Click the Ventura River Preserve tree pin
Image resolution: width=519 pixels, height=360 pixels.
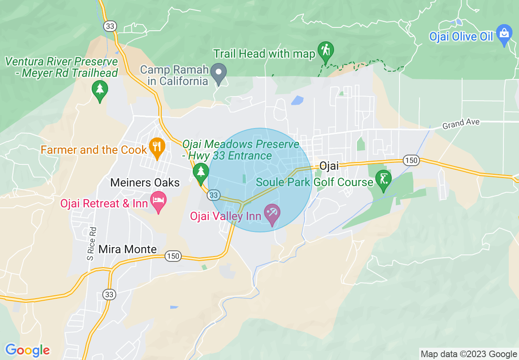(99, 90)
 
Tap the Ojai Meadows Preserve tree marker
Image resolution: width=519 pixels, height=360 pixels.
(201, 172)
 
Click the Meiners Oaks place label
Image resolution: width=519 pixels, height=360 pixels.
(145, 182)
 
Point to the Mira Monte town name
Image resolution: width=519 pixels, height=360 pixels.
(127, 249)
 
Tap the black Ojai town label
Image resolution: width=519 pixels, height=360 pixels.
(329, 166)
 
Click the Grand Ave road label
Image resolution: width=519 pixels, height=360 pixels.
(460, 123)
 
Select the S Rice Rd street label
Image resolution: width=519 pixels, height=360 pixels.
(92, 244)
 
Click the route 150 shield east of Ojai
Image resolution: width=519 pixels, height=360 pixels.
(411, 161)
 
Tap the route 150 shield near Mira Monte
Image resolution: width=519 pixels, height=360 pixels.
(173, 256)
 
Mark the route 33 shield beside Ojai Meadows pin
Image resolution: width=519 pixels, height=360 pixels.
(213, 195)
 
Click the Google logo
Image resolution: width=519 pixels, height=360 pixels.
(27, 350)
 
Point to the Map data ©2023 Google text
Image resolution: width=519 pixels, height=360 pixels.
(469, 354)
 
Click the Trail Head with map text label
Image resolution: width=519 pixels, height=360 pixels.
(264, 54)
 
